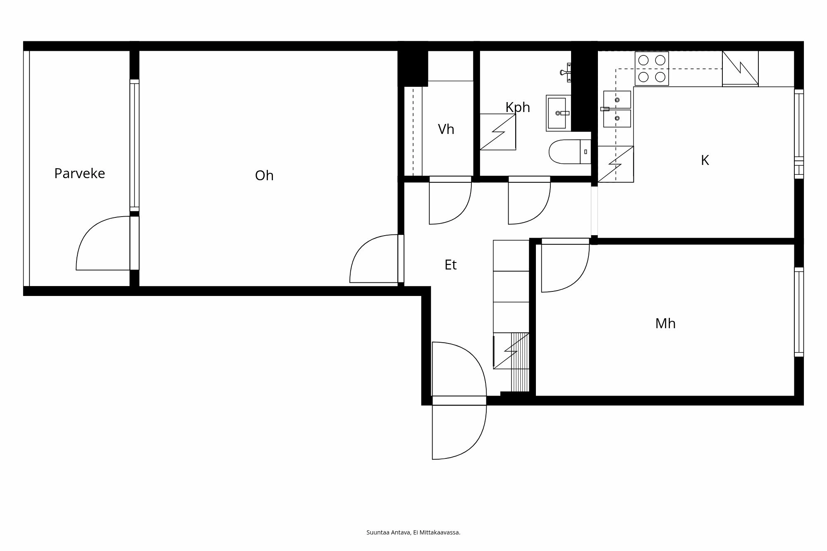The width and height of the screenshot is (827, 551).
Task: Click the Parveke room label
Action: click(x=79, y=173)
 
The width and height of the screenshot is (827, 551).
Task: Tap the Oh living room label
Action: click(x=264, y=176)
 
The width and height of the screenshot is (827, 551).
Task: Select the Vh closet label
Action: click(x=446, y=129)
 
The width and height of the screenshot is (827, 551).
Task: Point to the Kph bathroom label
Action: click(x=518, y=107)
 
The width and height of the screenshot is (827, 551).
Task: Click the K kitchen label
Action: click(x=705, y=160)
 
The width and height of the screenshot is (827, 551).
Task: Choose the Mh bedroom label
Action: click(x=665, y=323)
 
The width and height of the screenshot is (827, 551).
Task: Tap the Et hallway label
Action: click(x=450, y=265)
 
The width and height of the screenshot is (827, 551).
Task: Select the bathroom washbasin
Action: click(x=558, y=113)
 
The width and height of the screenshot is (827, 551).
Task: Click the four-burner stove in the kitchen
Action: click(x=652, y=69)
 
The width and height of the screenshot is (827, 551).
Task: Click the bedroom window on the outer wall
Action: click(x=799, y=312)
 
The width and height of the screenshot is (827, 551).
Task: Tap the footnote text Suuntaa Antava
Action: click(x=413, y=532)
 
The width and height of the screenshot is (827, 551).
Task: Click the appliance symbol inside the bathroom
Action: click(x=497, y=132)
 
